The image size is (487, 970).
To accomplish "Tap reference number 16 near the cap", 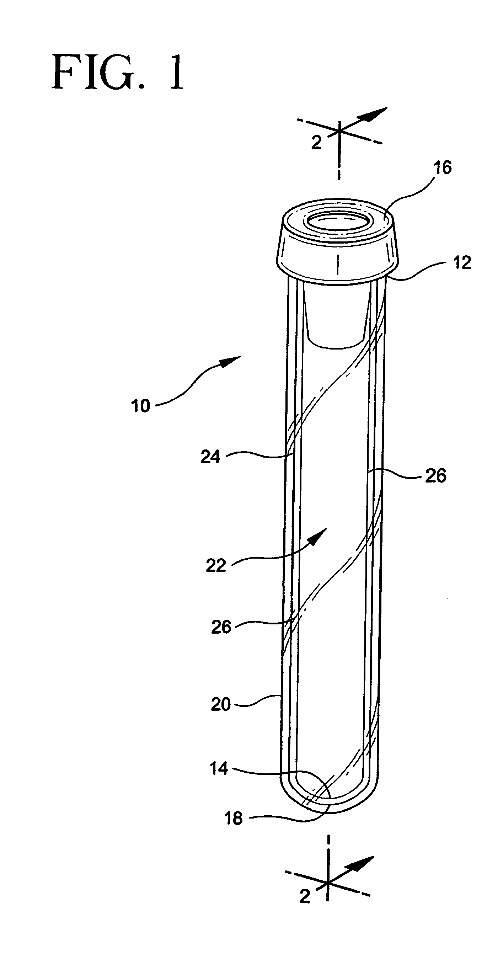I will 443,167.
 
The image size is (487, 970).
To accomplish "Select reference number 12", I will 462,262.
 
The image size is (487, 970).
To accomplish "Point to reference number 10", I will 140,406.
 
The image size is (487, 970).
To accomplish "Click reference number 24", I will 210,457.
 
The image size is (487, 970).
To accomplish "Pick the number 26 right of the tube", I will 436,476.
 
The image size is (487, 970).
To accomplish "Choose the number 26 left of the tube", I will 221,627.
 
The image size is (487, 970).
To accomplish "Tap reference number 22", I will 216,566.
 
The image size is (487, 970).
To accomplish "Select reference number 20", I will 220,704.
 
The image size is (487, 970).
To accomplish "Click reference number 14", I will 219,768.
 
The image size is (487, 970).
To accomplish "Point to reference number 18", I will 233,818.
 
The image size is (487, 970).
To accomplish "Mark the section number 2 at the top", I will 316,143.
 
